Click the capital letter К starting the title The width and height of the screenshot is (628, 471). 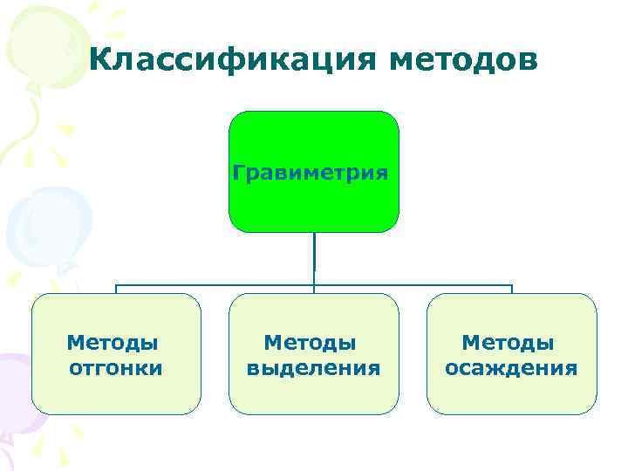tap(99, 60)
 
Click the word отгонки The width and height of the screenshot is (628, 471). tap(116, 368)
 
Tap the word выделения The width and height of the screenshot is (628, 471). tap(313, 368)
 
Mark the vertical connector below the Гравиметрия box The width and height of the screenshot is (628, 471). tap(314, 257)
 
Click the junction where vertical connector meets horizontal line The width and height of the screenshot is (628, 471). tap(314, 284)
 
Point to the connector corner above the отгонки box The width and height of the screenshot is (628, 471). tap(117, 285)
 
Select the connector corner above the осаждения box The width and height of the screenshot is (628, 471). tap(512, 285)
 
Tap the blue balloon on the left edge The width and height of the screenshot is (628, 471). tap(35, 222)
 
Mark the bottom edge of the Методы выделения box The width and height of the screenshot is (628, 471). tap(313, 413)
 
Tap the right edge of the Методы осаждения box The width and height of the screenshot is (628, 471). tap(597, 353)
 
